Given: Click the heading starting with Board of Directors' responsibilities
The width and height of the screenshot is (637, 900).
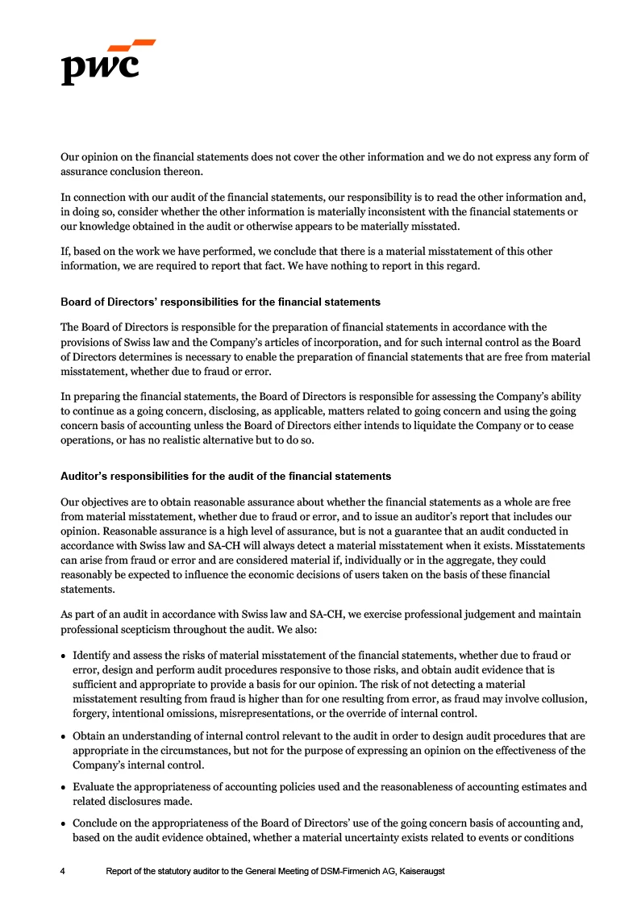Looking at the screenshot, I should [x=220, y=302].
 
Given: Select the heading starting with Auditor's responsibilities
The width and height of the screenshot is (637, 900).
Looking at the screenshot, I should [x=226, y=477].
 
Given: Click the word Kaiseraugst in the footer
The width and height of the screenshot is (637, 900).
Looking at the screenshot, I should [x=421, y=872].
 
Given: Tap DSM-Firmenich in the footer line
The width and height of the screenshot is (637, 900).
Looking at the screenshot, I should [x=331, y=872].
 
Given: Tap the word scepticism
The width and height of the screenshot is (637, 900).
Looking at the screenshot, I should [x=144, y=629].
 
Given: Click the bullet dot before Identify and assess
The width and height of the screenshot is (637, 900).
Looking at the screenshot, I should [x=64, y=656].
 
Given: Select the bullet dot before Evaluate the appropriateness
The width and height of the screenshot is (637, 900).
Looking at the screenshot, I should [x=64, y=787].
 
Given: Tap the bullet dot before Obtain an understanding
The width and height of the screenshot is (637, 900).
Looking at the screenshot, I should [x=64, y=736].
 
